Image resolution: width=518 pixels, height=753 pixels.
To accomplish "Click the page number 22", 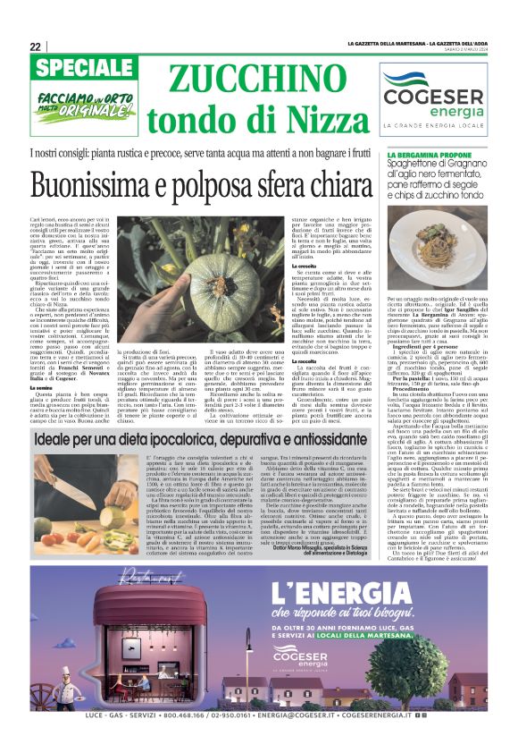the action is [x=35, y=47].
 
